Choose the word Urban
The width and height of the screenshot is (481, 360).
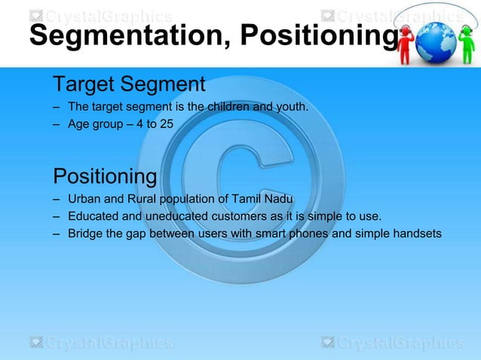(x=82, y=200)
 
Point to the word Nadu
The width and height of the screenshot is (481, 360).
(x=274, y=200)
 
